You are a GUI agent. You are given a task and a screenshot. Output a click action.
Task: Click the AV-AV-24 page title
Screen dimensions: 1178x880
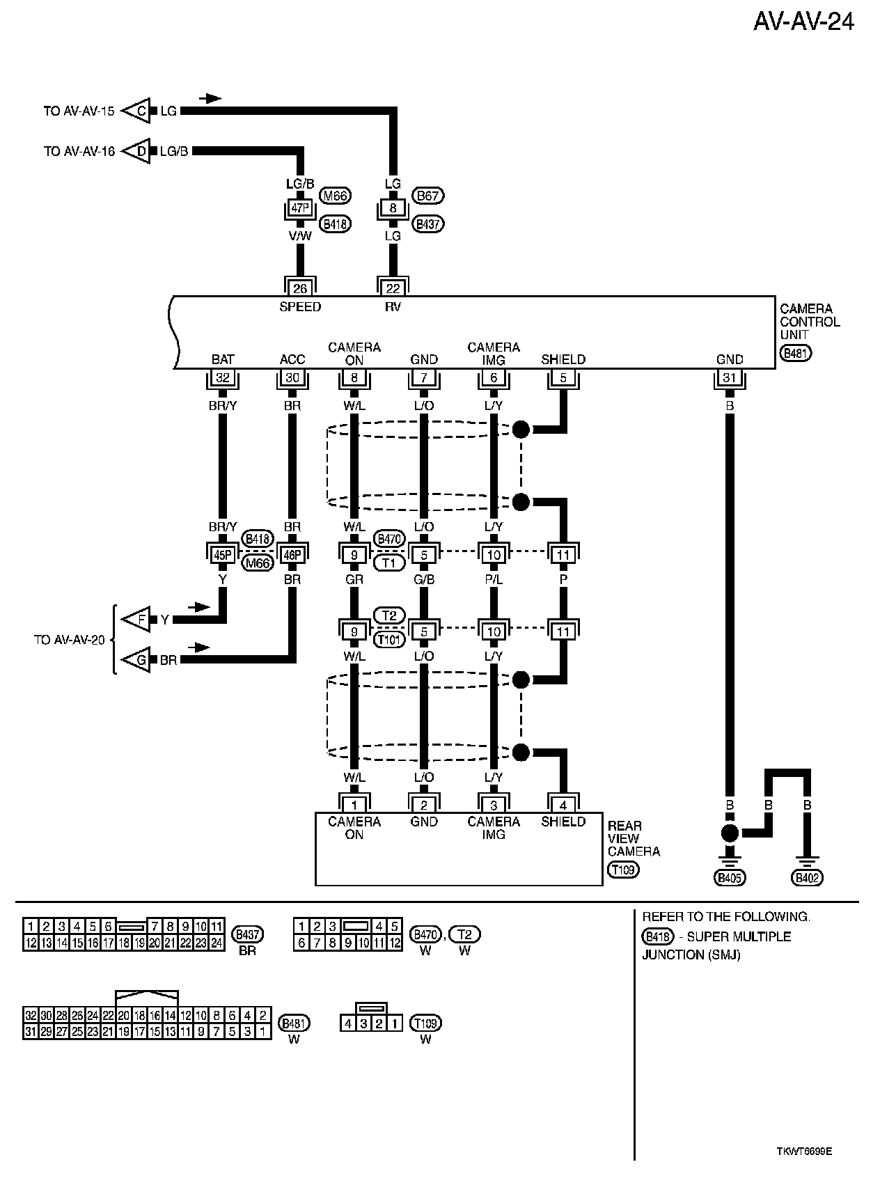pyautogui.click(x=803, y=23)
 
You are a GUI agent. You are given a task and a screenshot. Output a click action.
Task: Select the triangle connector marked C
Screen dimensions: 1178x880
pyautogui.click(x=138, y=111)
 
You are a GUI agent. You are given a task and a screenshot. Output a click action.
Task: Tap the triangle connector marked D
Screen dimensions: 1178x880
pyautogui.click(x=138, y=150)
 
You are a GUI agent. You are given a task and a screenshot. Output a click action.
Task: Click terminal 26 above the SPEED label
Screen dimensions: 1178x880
pyautogui.click(x=300, y=287)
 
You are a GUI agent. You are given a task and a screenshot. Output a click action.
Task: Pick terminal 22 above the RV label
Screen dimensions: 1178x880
pyautogui.click(x=393, y=287)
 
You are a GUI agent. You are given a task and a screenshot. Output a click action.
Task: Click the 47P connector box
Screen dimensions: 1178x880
pyautogui.click(x=300, y=208)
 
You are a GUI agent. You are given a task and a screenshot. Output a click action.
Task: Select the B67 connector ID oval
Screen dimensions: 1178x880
pyautogui.click(x=427, y=196)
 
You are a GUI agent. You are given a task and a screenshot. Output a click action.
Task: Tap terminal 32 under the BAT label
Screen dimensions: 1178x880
pyautogui.click(x=223, y=378)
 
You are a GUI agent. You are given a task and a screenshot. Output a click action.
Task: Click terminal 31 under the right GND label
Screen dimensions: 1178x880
pyautogui.click(x=730, y=378)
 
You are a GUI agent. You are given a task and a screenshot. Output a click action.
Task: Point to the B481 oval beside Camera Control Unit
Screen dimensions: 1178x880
pyautogui.click(x=796, y=353)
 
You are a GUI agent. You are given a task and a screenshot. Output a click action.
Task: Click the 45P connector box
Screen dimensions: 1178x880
pyautogui.click(x=223, y=554)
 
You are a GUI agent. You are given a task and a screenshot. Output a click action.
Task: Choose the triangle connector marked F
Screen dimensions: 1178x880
pyautogui.click(x=138, y=619)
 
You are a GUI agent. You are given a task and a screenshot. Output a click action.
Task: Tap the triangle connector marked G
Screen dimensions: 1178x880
pyautogui.click(x=138, y=660)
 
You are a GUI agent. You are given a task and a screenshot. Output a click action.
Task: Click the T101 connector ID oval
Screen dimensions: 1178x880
pyautogui.click(x=389, y=639)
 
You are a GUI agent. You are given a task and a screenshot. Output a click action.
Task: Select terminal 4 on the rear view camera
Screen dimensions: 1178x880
pyautogui.click(x=563, y=805)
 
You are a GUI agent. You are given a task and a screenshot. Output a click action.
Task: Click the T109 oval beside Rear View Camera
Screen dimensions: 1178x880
pyautogui.click(x=622, y=869)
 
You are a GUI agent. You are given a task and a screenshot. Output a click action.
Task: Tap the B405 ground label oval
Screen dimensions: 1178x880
pyautogui.click(x=730, y=878)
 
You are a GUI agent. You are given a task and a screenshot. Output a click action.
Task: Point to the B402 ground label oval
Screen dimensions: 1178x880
pyautogui.click(x=808, y=878)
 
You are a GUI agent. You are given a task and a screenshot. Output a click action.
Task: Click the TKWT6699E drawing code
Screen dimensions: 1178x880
pyautogui.click(x=804, y=1151)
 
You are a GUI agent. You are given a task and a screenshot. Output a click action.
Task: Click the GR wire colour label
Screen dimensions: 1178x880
pyautogui.click(x=354, y=579)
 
